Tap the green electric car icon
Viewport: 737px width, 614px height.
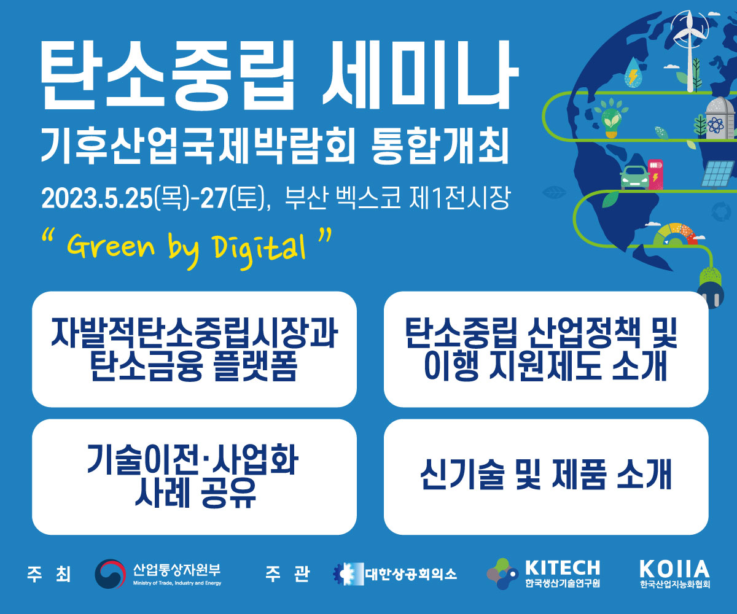click(x=634, y=177)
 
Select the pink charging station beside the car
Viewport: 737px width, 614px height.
click(x=655, y=174)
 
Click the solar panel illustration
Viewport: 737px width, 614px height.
click(x=719, y=174)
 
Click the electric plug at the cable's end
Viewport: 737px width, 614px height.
click(x=711, y=287)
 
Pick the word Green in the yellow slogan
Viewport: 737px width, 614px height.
click(x=111, y=246)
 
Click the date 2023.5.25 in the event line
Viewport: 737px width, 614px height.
click(x=97, y=198)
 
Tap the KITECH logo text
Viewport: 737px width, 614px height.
click(x=563, y=568)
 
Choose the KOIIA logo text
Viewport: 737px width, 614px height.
click(x=674, y=569)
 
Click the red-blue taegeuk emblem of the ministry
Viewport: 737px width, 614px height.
click(x=111, y=573)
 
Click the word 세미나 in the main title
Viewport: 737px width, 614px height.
click(x=420, y=76)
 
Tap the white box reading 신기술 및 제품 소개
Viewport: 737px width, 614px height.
click(x=546, y=477)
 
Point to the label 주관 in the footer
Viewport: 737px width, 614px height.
click(x=287, y=573)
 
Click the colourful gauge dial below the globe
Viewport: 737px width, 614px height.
click(x=675, y=235)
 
